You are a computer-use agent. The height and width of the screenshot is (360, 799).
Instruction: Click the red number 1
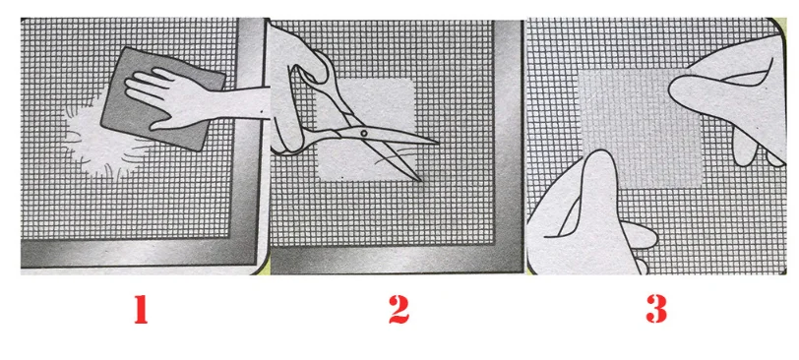(x=141, y=309)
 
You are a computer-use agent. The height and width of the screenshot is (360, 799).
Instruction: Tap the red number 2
(x=399, y=309)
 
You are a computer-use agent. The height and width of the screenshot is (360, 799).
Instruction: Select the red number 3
(x=657, y=309)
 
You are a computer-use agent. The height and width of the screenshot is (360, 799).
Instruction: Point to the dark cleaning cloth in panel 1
(x=163, y=99)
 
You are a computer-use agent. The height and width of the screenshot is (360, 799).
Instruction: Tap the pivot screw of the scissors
(x=363, y=133)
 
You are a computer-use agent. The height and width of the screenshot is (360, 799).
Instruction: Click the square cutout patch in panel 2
(x=366, y=129)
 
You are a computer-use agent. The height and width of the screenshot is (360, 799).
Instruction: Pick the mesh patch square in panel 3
(x=641, y=127)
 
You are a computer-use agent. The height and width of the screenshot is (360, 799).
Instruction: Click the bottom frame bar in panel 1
(x=138, y=253)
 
